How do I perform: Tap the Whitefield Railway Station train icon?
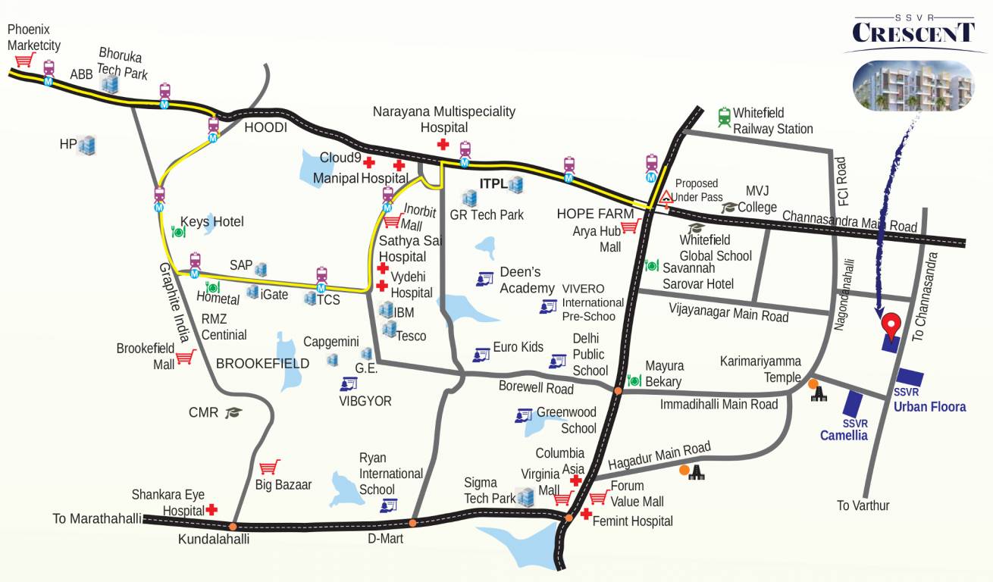(724, 117)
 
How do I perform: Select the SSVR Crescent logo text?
(913, 32)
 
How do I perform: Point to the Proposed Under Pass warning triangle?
(666, 199)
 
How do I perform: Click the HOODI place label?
(265, 128)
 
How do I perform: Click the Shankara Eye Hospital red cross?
(212, 510)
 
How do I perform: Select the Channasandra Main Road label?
(849, 221)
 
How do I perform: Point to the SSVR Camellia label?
(844, 430)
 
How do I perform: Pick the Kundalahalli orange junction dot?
(233, 526)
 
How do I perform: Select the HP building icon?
(87, 144)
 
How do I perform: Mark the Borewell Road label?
(536, 388)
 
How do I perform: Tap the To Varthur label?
(863, 505)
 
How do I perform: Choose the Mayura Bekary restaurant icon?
(634, 380)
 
